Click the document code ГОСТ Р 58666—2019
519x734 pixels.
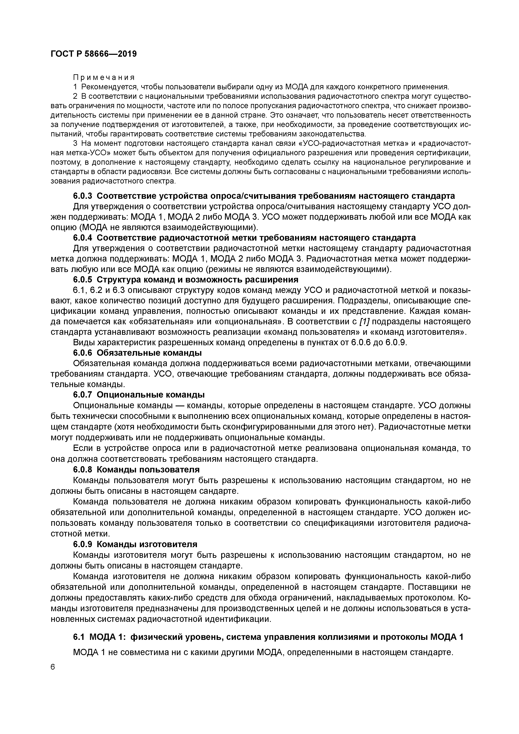click(x=93, y=54)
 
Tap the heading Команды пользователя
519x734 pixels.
click(x=148, y=470)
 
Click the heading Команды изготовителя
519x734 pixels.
click(x=147, y=544)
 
